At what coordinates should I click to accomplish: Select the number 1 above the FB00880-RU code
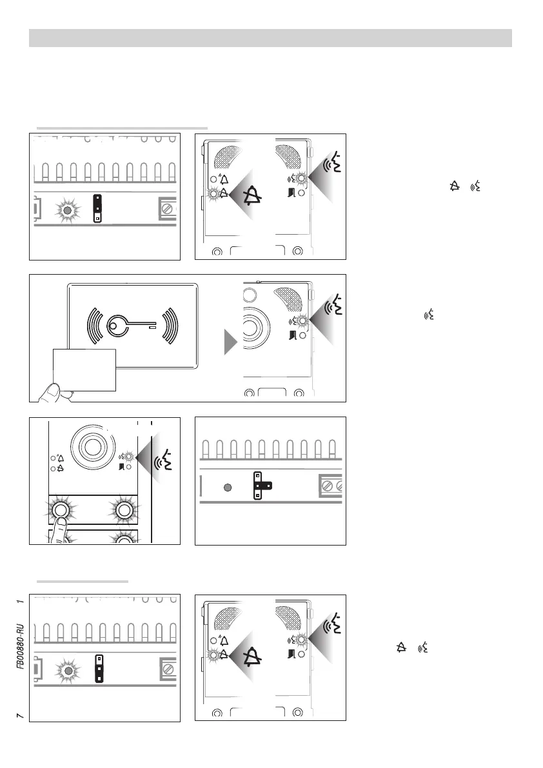(21, 601)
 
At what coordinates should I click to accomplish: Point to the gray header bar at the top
(271, 38)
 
